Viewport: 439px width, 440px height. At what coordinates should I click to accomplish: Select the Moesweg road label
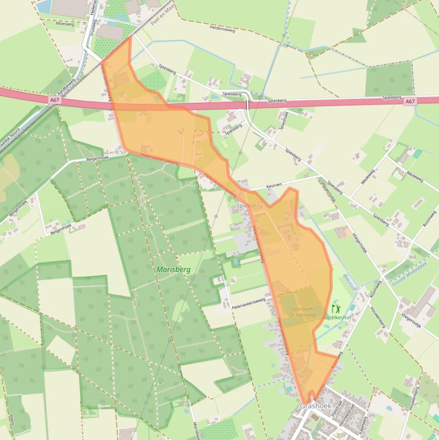pyautogui.click(x=66, y=24)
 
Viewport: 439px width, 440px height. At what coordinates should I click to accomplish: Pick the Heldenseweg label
pyautogui.click(x=222, y=27)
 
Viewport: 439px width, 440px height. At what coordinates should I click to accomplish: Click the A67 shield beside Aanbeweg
pyautogui.click(x=54, y=99)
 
